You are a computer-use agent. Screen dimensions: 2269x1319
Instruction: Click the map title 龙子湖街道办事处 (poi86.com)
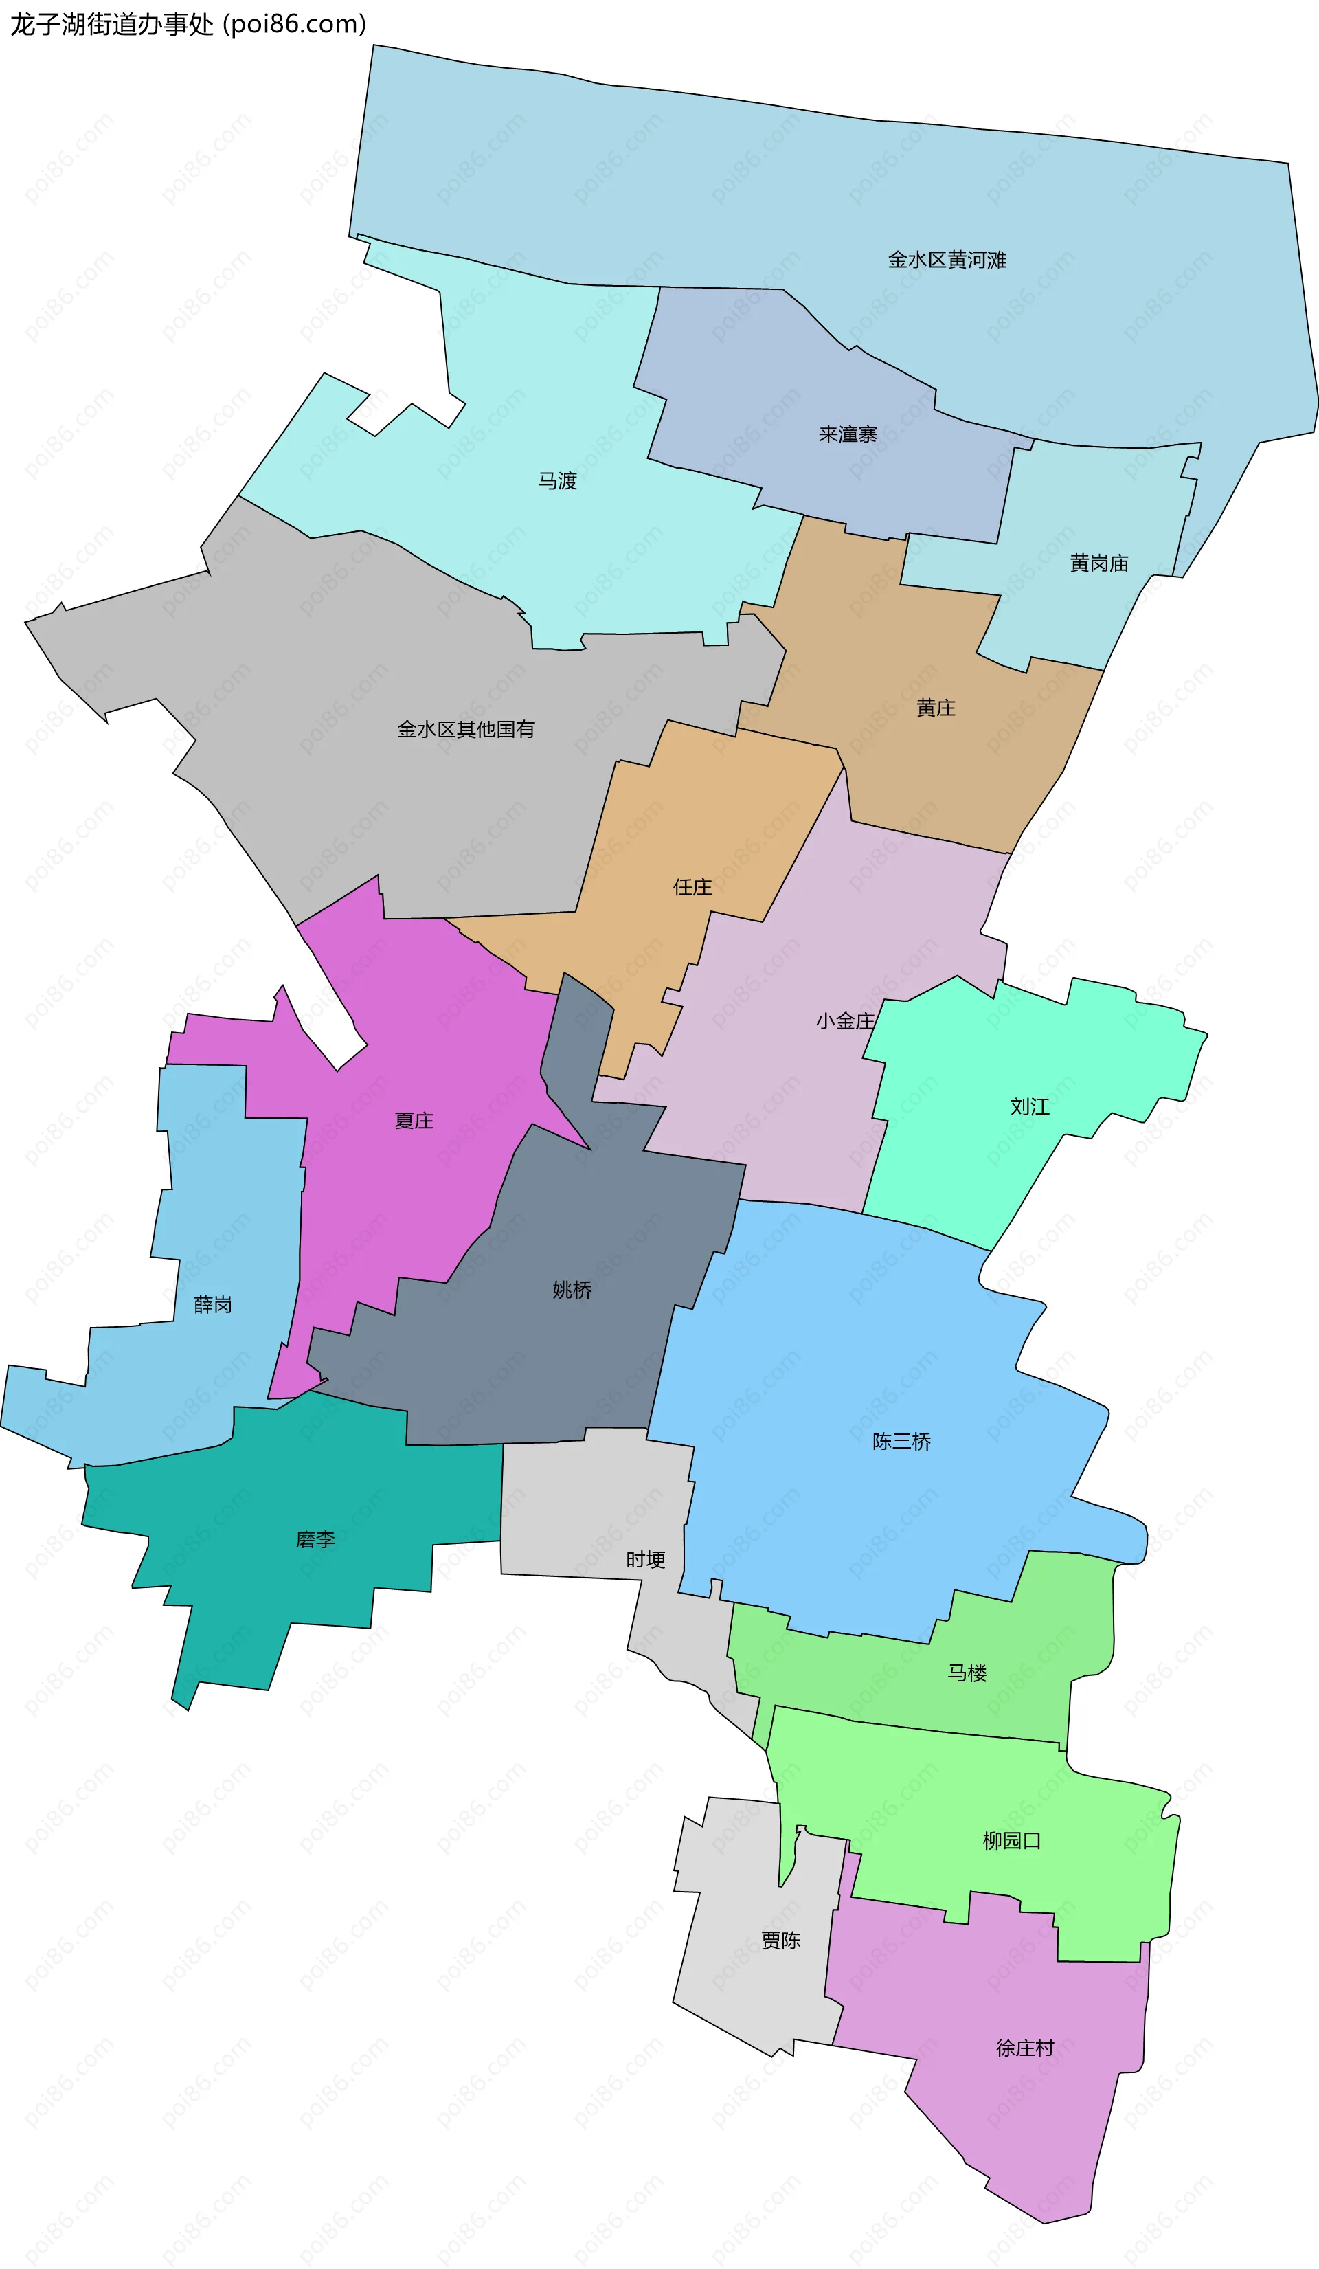click(x=188, y=24)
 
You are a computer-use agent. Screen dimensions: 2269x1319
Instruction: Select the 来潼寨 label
click(x=847, y=435)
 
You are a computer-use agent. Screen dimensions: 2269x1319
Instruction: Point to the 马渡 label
click(x=557, y=482)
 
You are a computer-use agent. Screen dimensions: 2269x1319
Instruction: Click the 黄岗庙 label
click(x=1098, y=563)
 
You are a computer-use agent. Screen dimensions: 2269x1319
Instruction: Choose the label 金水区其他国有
click(x=466, y=729)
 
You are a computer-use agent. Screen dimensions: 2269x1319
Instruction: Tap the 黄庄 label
click(x=936, y=708)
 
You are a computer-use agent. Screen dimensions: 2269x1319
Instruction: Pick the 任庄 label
click(x=692, y=888)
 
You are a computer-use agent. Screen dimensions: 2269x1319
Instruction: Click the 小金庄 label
click(x=844, y=1021)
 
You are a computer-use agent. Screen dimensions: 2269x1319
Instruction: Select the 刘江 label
click(x=1030, y=1106)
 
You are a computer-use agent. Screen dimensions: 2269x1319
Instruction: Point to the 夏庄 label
click(x=414, y=1121)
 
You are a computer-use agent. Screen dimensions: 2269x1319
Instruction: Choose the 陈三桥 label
click(x=901, y=1442)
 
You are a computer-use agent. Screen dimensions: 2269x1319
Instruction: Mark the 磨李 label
click(x=315, y=1540)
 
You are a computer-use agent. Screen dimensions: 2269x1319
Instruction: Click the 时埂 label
click(x=646, y=1559)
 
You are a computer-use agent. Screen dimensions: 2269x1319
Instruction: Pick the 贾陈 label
click(x=780, y=1941)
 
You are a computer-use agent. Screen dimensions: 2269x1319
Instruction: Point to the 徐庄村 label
click(x=1024, y=2048)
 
